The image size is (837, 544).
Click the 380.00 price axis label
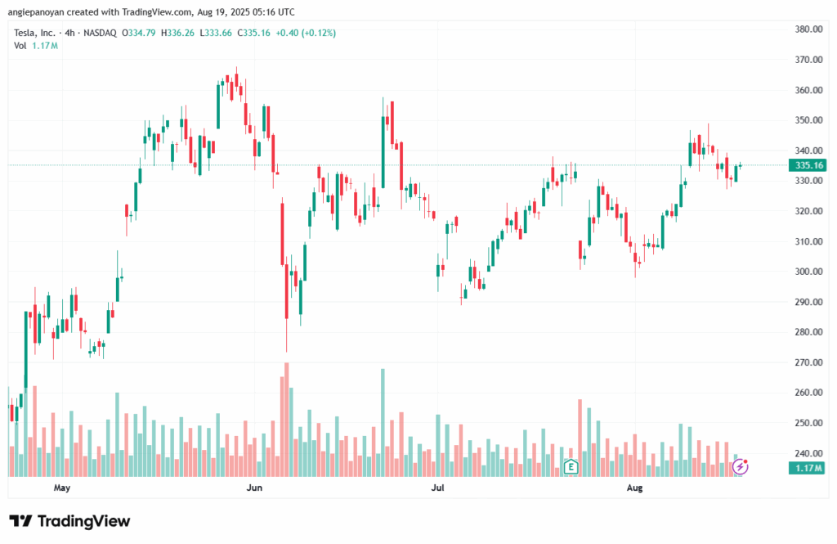click(x=808, y=29)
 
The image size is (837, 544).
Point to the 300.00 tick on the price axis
click(x=808, y=272)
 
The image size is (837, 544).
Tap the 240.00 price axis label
click(x=808, y=453)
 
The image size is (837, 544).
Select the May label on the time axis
click(x=61, y=488)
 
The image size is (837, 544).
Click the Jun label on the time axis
click(x=254, y=488)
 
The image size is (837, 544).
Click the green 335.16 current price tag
click(x=808, y=165)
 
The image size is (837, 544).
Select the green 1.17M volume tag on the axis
click(x=808, y=468)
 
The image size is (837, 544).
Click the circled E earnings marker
click(x=571, y=468)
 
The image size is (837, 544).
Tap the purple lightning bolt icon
click(x=741, y=467)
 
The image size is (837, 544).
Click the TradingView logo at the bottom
click(x=69, y=521)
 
